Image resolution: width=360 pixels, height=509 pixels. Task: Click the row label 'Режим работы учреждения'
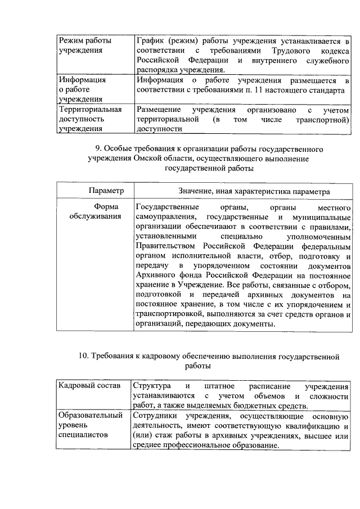click(x=85, y=46)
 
